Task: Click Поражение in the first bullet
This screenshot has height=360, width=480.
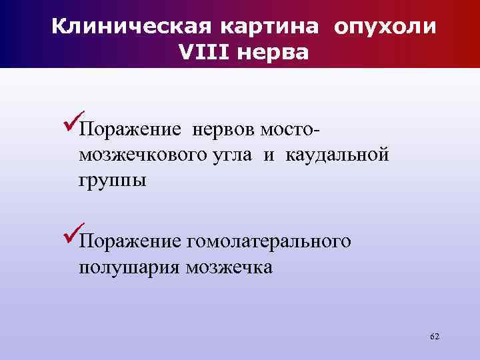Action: (126, 129)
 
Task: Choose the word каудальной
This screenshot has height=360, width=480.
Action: (337, 155)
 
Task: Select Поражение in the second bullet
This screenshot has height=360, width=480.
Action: (126, 241)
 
